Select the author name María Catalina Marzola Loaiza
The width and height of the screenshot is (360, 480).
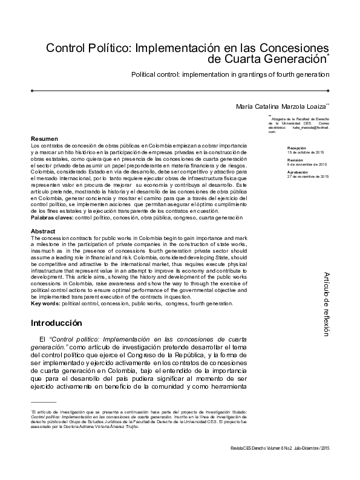283,106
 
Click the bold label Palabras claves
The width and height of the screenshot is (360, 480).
51,217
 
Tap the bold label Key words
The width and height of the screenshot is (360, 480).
45,303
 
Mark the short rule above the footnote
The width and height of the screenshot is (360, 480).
43,401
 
